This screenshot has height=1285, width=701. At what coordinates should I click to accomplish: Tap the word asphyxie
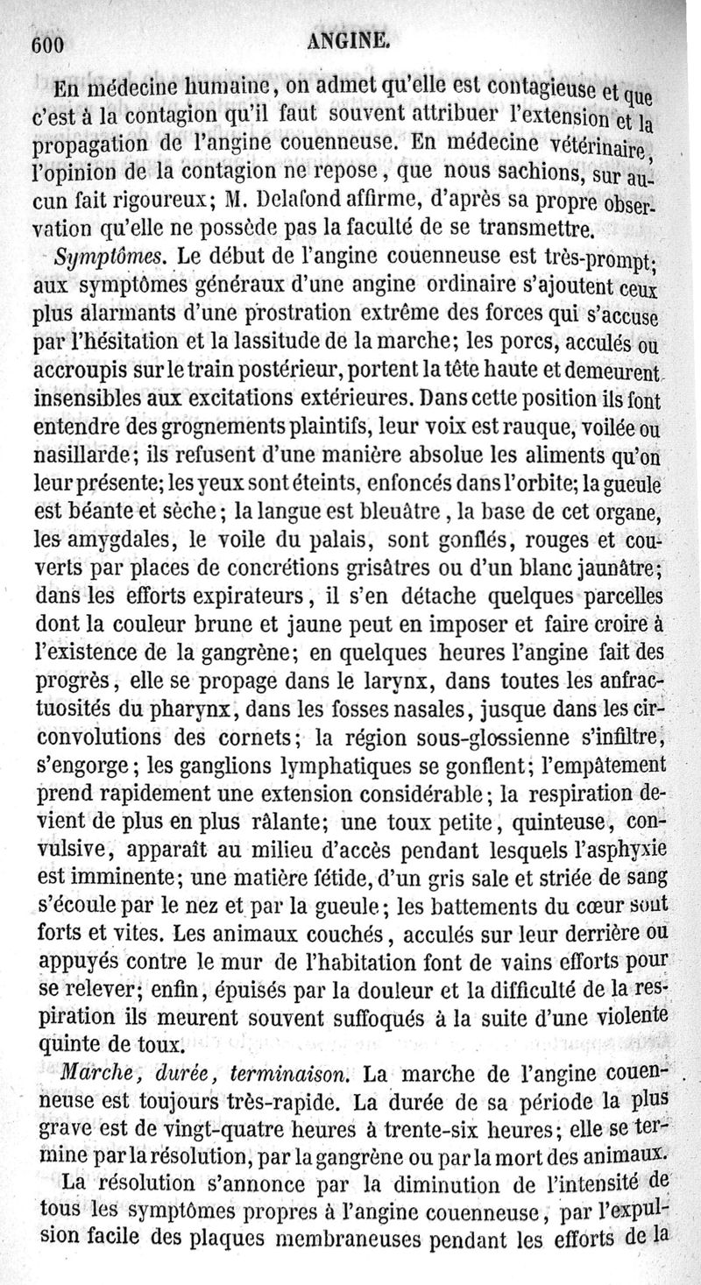click(626, 848)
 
